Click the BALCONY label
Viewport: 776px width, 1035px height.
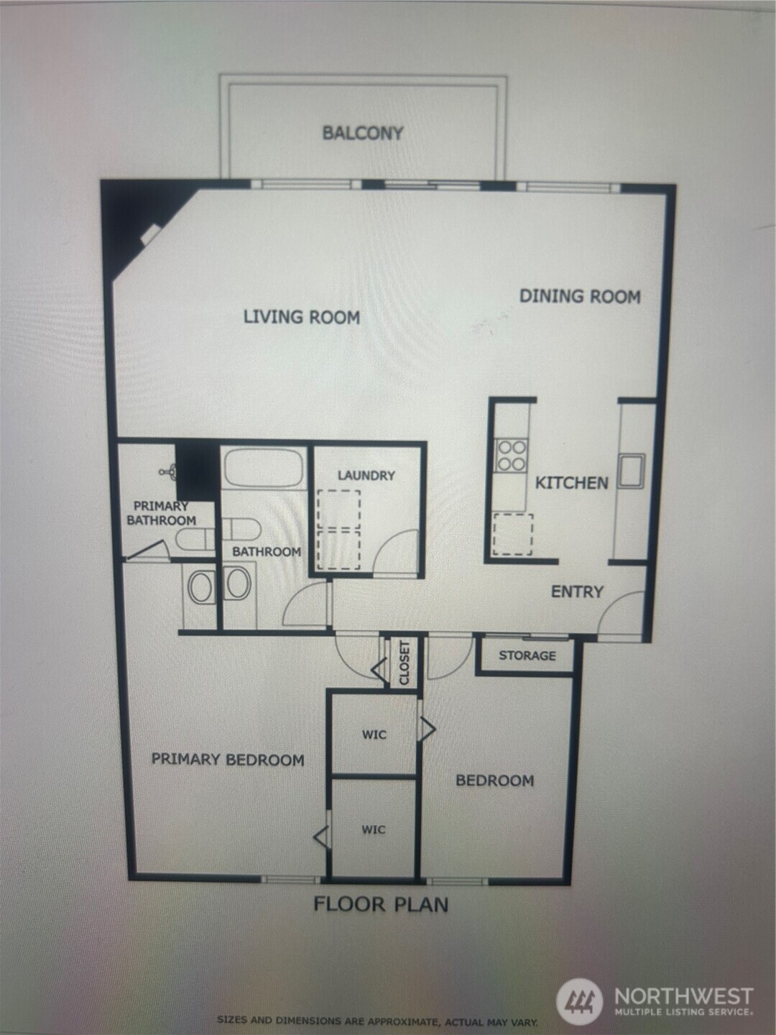[x=363, y=133]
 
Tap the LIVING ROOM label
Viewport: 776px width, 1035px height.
[x=301, y=317]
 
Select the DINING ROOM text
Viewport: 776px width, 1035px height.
[x=580, y=296]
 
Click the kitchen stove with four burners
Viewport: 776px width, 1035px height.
[x=511, y=456]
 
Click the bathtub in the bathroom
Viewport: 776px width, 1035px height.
[x=263, y=468]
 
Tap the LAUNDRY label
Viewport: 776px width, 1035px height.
[x=366, y=476]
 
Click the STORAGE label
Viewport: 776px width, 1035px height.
[x=527, y=655]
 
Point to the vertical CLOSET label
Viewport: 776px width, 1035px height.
[x=405, y=662]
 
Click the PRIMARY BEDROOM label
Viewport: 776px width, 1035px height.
[x=228, y=760]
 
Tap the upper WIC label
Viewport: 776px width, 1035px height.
[x=374, y=735]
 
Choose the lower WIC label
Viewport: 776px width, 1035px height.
[x=373, y=829]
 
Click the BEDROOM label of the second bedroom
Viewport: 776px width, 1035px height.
[x=495, y=781]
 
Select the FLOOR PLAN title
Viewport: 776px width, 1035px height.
[x=381, y=904]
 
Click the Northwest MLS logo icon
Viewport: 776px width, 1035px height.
[x=580, y=1001]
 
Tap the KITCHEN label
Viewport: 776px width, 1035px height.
[x=572, y=482]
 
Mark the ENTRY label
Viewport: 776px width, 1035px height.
[x=577, y=592]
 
